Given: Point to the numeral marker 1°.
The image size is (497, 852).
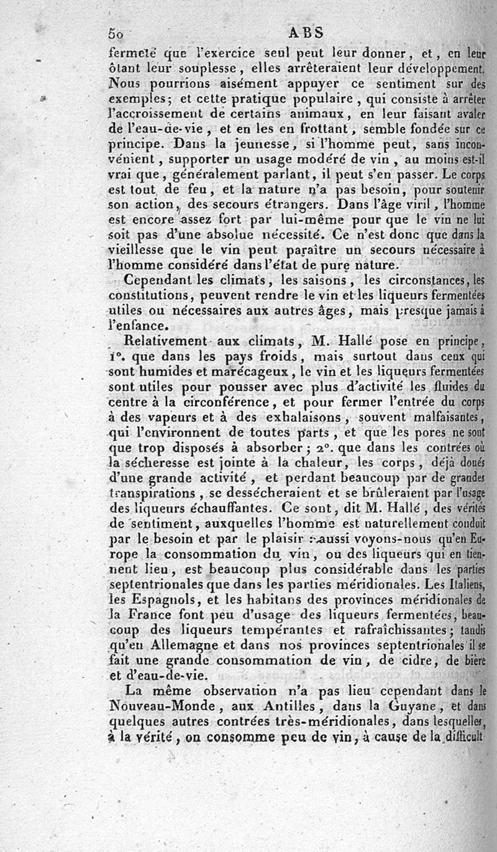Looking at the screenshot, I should click(116, 356).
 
